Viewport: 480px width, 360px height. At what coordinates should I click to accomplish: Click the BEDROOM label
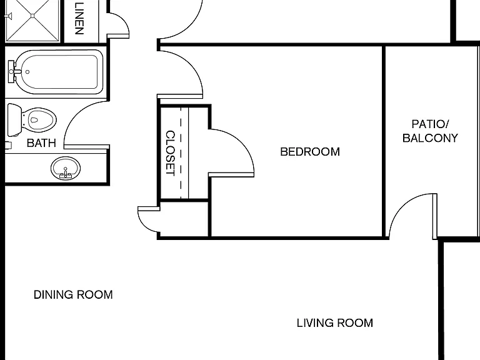click(x=310, y=152)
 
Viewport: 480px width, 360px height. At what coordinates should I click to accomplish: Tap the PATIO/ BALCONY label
click(x=430, y=131)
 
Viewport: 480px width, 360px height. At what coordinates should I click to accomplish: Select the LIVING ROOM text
click(x=335, y=323)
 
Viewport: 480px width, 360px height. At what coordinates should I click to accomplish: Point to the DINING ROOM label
click(x=73, y=295)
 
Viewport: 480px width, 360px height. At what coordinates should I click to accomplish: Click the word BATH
click(x=41, y=143)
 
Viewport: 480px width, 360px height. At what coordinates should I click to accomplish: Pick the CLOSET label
click(x=170, y=153)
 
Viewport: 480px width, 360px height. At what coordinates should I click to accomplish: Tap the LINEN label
click(x=79, y=18)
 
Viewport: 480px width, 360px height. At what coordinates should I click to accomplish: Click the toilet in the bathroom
click(x=32, y=120)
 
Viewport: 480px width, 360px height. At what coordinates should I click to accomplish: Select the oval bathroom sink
click(x=66, y=168)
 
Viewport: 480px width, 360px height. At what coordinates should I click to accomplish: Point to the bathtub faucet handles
click(x=12, y=72)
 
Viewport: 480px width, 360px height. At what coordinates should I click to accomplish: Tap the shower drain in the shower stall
click(x=32, y=16)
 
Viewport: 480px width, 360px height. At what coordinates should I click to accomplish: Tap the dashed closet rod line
click(x=181, y=153)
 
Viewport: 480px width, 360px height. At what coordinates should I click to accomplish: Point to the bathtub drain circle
click(x=27, y=72)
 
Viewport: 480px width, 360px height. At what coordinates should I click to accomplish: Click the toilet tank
click(x=14, y=120)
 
